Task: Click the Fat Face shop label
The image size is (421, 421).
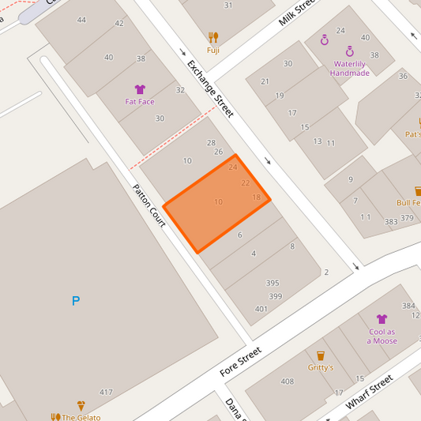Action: point(140,101)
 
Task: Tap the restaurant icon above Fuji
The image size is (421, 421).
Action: point(213,37)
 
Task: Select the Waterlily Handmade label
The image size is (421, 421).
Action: point(350,68)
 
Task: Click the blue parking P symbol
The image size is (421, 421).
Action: point(76,301)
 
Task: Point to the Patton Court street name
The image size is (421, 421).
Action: point(148,206)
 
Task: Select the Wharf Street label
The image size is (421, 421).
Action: point(370,393)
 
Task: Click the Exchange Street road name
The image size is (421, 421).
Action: point(210,88)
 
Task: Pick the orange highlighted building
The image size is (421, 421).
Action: point(216,204)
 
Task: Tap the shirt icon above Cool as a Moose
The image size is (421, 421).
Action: point(382,319)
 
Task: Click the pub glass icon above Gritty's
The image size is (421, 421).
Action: point(320,355)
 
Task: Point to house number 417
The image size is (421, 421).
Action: point(106,392)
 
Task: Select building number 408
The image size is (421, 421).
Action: point(287,382)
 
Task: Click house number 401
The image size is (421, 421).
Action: point(261,309)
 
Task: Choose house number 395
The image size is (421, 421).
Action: point(273,283)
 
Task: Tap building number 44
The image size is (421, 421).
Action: point(81,19)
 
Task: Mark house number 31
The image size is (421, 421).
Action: point(228,6)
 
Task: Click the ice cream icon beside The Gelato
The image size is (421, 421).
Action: point(81,404)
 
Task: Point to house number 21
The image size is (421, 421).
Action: point(265,81)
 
